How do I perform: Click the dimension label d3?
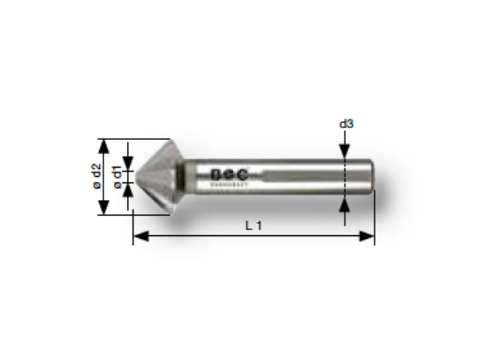click(x=346, y=124)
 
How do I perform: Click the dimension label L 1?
click(x=254, y=226)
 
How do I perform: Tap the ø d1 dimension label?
click(x=118, y=176)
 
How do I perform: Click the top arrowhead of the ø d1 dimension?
click(x=130, y=162)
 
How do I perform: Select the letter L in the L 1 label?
click(x=249, y=226)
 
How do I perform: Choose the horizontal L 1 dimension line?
click(x=194, y=236)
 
